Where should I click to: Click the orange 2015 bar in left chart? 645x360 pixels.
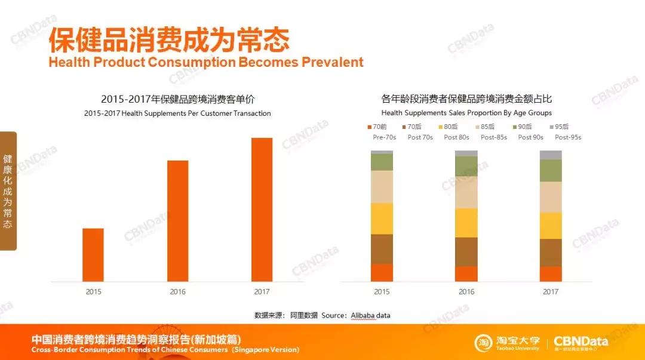click(x=93, y=255)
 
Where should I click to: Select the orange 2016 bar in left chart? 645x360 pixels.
click(x=177, y=221)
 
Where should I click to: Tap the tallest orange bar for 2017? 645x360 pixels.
click(x=262, y=210)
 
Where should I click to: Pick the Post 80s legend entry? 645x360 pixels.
click(x=451, y=127)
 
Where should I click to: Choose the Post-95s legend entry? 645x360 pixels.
click(x=561, y=127)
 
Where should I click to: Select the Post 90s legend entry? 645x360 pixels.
click(x=524, y=127)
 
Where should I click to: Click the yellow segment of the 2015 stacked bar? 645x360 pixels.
click(x=382, y=219)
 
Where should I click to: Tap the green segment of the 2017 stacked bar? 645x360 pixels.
click(x=551, y=171)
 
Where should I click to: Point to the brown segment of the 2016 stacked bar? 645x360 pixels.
click(x=466, y=252)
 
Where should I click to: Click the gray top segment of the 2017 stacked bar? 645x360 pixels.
click(x=551, y=155)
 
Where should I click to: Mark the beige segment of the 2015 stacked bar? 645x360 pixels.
click(x=382, y=187)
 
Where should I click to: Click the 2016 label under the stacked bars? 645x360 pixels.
click(x=466, y=292)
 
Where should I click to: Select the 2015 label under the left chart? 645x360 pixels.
click(x=93, y=292)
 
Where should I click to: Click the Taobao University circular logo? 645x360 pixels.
click(x=484, y=343)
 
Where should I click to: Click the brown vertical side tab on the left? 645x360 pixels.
click(x=8, y=191)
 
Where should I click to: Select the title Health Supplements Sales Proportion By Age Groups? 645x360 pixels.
click(x=466, y=113)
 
